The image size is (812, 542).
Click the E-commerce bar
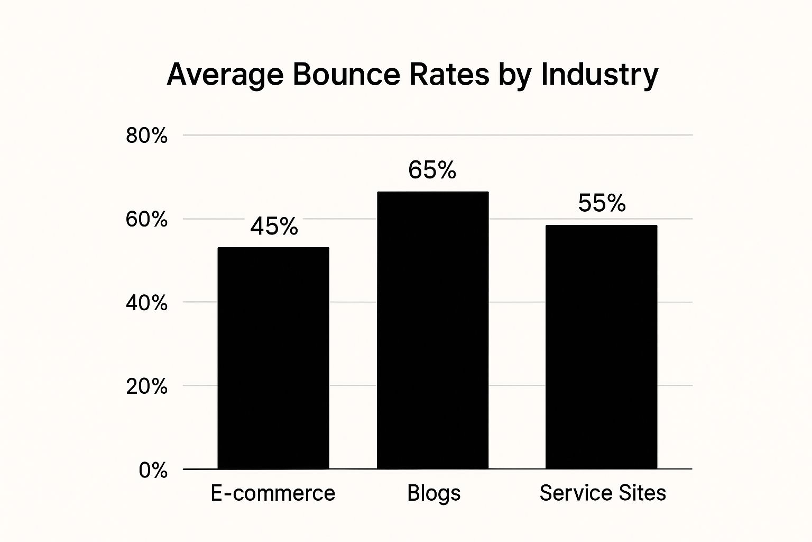pos(273,358)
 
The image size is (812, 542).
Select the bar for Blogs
pos(432,330)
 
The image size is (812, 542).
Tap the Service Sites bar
pos(601,347)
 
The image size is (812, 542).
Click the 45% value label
pos(274,227)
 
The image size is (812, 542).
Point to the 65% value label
pos(432,170)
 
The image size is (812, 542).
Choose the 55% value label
pos(602,203)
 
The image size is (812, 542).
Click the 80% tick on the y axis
pos(146,136)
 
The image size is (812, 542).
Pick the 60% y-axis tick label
pos(146,219)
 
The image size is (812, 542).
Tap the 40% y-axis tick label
pos(146,303)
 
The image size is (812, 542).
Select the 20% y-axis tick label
pos(146,386)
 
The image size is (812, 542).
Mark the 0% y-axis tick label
pos(153,470)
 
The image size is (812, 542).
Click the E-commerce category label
pos(273,493)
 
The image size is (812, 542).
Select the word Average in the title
pos(224,75)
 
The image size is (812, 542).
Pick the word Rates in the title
pos(448,74)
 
